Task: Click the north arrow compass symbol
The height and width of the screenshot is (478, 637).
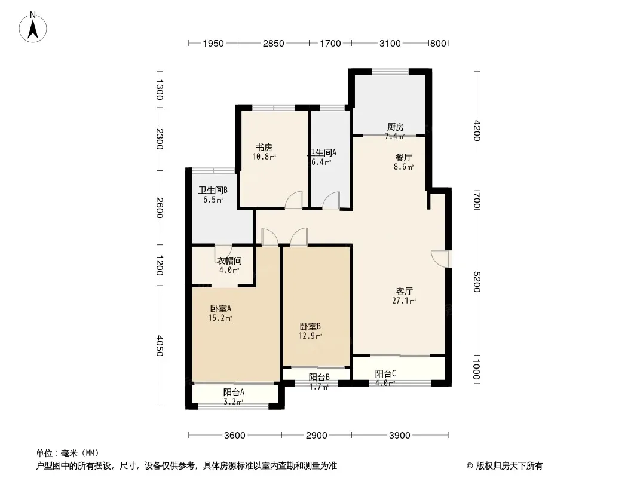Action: coord(33,27)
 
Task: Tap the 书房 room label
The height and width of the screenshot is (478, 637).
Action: coord(264,148)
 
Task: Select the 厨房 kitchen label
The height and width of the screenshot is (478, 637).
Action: coord(395,127)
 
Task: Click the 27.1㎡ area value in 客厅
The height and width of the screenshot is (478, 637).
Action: coord(404,301)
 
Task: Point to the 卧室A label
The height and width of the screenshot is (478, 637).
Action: coord(220,309)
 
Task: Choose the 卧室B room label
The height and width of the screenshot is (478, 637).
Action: coord(310,326)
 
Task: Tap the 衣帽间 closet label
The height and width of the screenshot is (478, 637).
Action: coord(229,261)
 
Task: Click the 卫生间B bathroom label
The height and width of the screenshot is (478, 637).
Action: coord(213,190)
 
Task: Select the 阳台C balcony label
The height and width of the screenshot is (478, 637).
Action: coord(385,373)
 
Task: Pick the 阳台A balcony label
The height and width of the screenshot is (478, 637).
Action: coord(234,393)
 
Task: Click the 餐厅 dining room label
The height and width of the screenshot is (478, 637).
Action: coord(404,157)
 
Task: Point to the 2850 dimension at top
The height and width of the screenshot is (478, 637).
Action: coord(274,44)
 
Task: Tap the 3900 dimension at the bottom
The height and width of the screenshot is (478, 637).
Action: coord(399,436)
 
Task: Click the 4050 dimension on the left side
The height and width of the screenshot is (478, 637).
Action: coord(160,345)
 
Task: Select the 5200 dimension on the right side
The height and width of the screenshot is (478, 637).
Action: coord(477,281)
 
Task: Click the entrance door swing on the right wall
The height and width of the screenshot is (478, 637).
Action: coord(440,259)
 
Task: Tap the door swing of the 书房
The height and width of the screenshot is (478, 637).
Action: coord(294,200)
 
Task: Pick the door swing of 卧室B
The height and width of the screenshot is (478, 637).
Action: coord(299,237)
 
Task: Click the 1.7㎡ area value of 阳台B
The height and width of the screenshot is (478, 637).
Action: coord(319,387)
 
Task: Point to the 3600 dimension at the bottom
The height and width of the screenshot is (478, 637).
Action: coord(235,436)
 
